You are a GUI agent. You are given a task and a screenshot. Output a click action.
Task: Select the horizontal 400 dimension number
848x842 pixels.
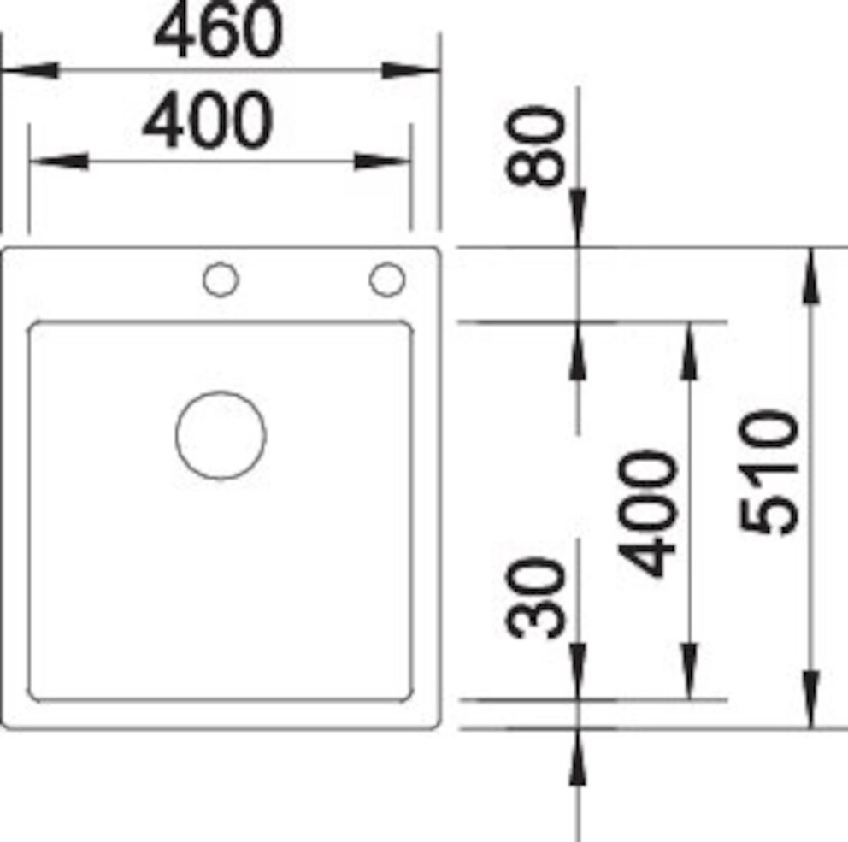pyautogui.click(x=208, y=120)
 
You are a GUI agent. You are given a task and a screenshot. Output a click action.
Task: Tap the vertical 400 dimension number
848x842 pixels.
pyautogui.click(x=647, y=513)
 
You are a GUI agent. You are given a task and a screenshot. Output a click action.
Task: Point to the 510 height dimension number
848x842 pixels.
pyautogui.click(x=768, y=472)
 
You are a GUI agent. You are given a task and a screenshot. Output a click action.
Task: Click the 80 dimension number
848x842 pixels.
pyautogui.click(x=535, y=146)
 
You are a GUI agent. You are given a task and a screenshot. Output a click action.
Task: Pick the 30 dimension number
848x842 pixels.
pyautogui.click(x=535, y=598)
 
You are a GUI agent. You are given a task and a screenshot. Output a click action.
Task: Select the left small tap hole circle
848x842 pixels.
pyautogui.click(x=221, y=263)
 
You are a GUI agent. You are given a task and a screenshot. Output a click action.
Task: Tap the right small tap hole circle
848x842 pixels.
pyautogui.click(x=386, y=263)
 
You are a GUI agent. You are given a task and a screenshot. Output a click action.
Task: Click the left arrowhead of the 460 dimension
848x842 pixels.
pyautogui.click(x=30, y=70)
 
